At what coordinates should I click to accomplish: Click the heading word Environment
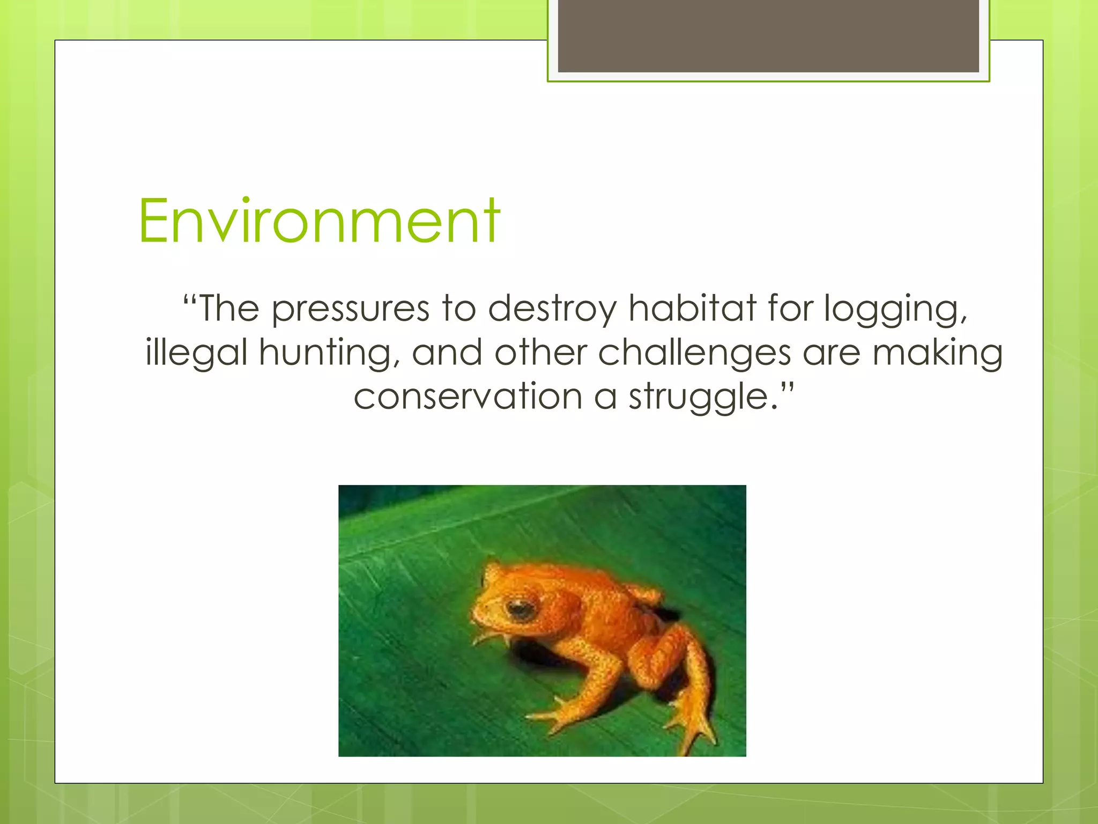[x=319, y=221]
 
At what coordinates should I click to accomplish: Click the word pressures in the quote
[x=351, y=310]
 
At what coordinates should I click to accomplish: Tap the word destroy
[x=552, y=309]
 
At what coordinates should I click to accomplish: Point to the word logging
[x=895, y=310]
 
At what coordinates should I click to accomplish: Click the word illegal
[x=196, y=353]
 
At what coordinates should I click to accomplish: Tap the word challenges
[x=694, y=353]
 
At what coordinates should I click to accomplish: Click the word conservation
[x=468, y=397]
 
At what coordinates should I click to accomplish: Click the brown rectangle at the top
[x=768, y=36]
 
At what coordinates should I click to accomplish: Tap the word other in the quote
[x=540, y=353]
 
